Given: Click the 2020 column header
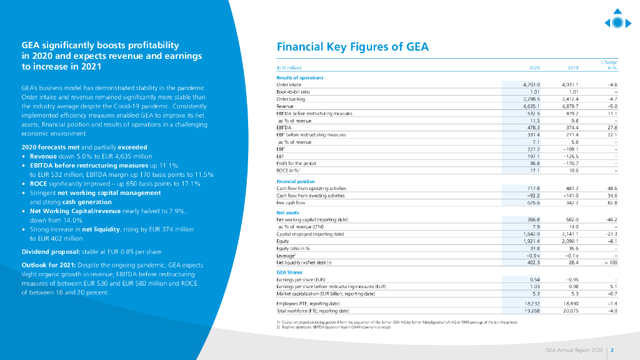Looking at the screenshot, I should [534, 67].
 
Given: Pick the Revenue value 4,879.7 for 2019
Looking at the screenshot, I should [570, 107].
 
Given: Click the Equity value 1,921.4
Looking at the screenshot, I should [531, 240].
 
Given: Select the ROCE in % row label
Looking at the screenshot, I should [289, 171].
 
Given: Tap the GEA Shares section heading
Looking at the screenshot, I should [289, 272].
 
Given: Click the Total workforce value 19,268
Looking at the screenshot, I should [531, 310].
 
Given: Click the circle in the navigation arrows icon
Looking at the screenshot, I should [617, 23].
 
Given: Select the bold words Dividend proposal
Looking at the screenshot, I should [44, 252].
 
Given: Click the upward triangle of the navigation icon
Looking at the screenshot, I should [617, 11].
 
